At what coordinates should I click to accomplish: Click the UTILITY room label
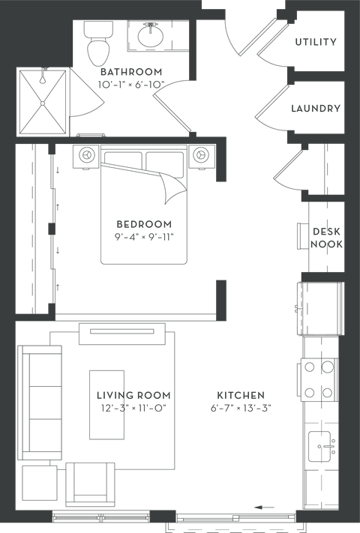(316, 42)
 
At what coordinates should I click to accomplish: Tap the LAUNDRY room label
(316, 109)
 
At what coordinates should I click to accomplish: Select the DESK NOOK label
(326, 238)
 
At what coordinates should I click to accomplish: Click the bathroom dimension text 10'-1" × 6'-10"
(131, 84)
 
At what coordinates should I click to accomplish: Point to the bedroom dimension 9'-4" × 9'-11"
(144, 237)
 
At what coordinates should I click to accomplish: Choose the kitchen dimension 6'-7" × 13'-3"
(241, 408)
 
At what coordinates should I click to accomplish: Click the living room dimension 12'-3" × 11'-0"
(133, 408)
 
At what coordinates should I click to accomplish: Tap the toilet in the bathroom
(98, 43)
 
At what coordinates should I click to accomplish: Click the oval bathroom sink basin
(151, 36)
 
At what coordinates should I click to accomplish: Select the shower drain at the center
(43, 103)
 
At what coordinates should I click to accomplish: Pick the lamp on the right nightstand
(201, 154)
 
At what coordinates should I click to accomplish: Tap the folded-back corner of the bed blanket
(173, 187)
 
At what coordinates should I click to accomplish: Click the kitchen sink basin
(319, 447)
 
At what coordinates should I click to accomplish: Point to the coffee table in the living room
(106, 405)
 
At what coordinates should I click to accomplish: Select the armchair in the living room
(90, 484)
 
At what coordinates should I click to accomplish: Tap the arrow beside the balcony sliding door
(265, 508)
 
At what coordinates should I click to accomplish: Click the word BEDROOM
(144, 224)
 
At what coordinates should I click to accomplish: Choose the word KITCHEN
(241, 395)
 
